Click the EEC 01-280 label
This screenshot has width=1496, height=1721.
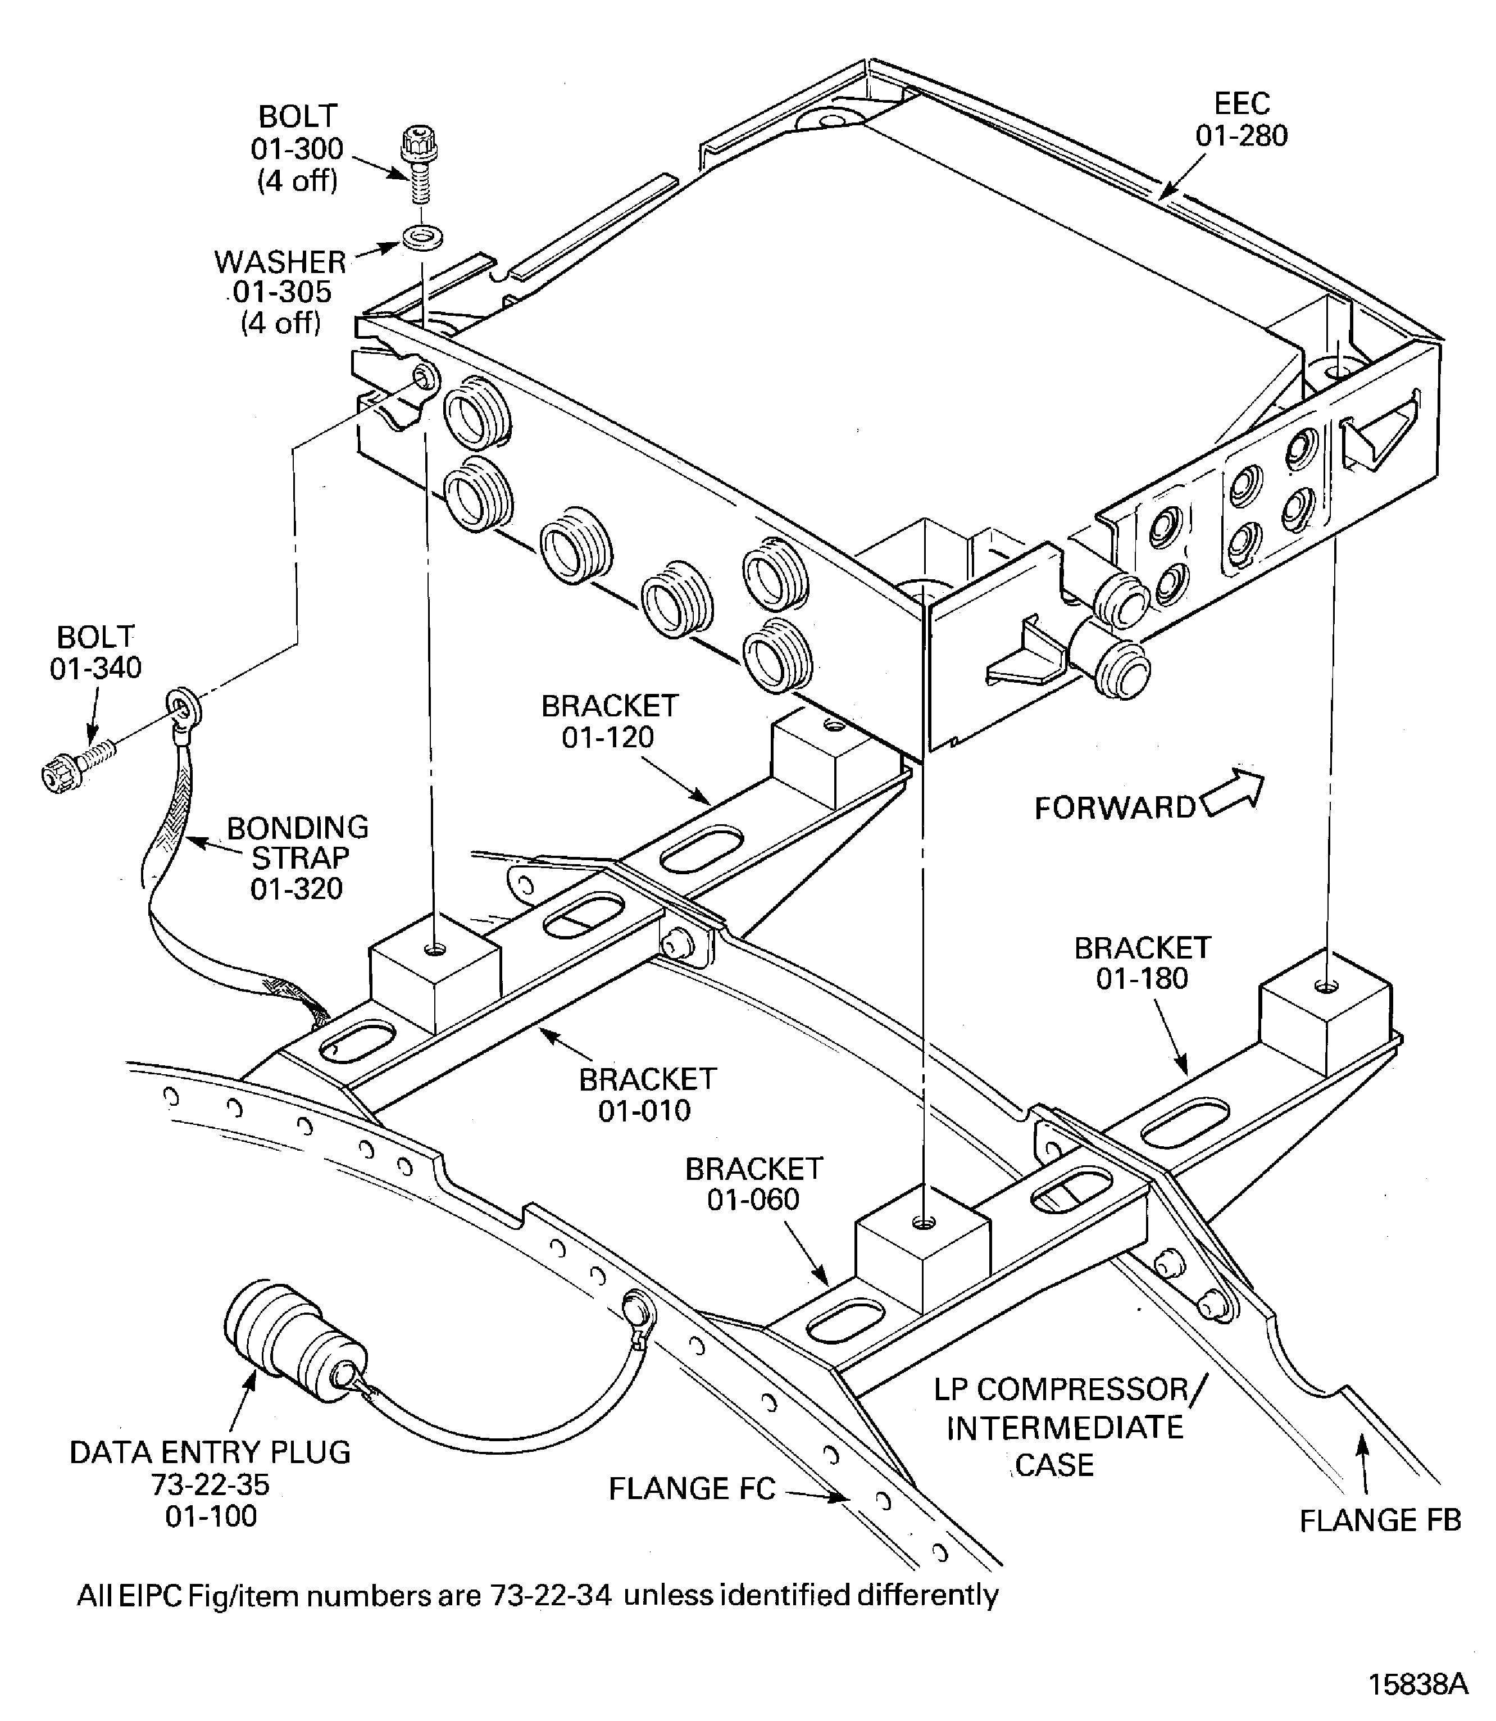[x=1242, y=120]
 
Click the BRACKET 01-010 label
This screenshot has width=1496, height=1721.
[x=647, y=1095]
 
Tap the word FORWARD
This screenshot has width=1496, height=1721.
[x=1115, y=807]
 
